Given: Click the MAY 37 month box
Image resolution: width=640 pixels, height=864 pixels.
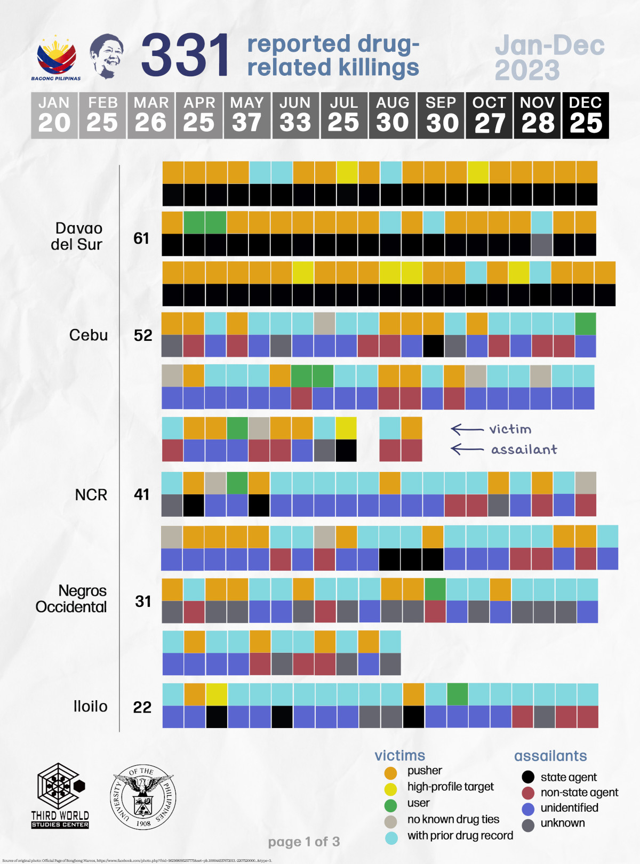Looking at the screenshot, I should tap(247, 115).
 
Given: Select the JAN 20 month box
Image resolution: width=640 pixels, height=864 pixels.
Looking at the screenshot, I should tap(54, 115).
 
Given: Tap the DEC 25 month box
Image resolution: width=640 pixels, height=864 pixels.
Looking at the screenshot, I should tap(585, 115).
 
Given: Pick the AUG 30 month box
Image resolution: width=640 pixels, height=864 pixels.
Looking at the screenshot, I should tap(392, 115).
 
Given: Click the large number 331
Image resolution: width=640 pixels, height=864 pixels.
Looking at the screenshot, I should tap(185, 54).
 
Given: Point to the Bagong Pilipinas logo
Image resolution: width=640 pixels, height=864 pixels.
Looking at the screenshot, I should tap(56, 58).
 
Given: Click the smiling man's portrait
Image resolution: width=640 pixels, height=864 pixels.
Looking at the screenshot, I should tap(106, 55).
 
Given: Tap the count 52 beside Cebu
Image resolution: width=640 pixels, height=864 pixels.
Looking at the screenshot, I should tap(143, 335).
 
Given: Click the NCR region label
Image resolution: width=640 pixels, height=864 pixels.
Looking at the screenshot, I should tap(91, 495).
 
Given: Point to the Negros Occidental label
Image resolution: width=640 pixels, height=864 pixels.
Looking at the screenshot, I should tap(71, 599).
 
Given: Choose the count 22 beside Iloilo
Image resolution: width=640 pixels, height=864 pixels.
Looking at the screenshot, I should tap(142, 707).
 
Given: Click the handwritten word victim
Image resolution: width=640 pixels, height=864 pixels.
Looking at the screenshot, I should tap(510, 429).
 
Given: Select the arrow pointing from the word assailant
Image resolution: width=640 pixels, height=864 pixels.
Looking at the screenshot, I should tap(467, 449).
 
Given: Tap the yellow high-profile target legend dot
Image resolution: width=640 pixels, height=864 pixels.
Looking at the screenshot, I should tap(390, 789).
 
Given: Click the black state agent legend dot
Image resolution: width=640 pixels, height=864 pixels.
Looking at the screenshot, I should tap(527, 777).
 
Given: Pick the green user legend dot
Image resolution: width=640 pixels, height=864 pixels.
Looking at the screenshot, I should tap(390, 805).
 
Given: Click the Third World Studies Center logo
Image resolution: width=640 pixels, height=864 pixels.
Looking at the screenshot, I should tap(60, 795).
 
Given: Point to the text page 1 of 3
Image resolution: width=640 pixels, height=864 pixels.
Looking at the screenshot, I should tap(303, 842).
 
